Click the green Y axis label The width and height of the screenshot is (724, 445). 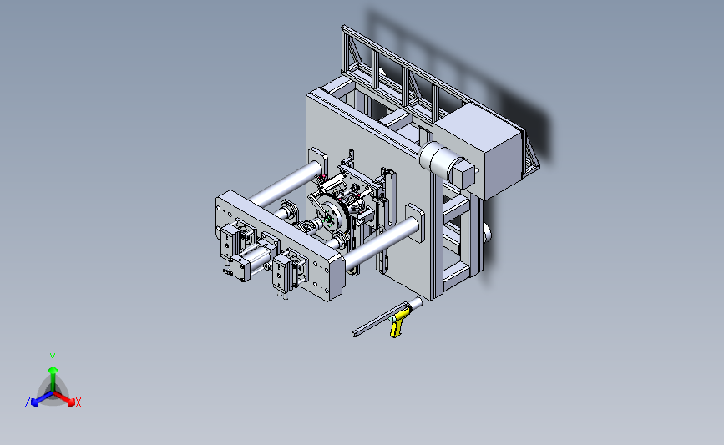pos(53,358)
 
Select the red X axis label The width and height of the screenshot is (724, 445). pos(78,402)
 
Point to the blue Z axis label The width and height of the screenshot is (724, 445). pos(28,402)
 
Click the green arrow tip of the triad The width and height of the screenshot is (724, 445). pos(53,370)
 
